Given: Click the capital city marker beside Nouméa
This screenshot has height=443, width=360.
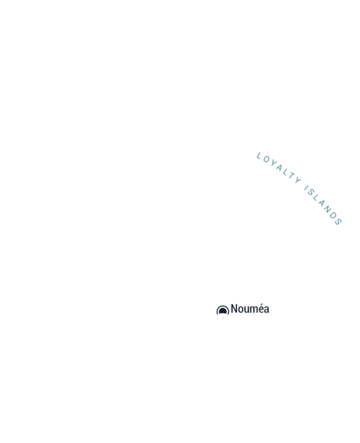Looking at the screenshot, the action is coord(223,311).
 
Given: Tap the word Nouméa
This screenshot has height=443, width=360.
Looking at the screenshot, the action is coord(250,309).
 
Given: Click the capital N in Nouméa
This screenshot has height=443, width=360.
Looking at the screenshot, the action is coord(234,309).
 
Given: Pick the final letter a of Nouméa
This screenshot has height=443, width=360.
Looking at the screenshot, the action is coord(266,310).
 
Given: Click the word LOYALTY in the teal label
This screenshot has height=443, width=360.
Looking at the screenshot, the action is coord(279,168).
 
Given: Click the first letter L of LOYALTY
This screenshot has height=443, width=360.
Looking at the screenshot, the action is coord(259,156).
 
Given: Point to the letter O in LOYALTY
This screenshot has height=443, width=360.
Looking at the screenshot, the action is coord(266,159).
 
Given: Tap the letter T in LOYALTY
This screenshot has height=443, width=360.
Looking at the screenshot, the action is coord(291,176).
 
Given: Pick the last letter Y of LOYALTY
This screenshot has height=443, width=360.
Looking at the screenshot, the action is coord(298,180).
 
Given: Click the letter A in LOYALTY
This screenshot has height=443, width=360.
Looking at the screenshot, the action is coord(280,167).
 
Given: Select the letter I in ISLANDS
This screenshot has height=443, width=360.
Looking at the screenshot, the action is coord(306,188).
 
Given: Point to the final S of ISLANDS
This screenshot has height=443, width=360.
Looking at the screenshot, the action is coord(338,222).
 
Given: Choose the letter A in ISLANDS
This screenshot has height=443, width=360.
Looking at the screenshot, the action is coord(321,202).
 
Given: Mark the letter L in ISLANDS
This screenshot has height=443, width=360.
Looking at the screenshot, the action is coord(316,197).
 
